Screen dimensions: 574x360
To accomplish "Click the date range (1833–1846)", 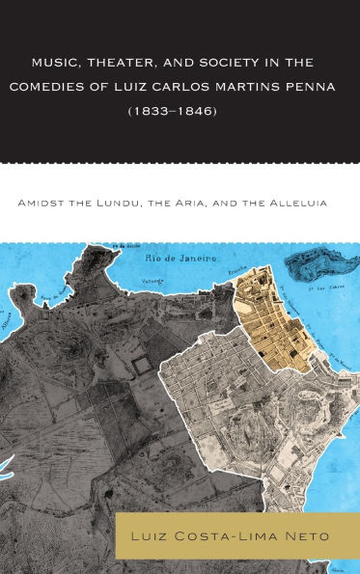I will point(180,110).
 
